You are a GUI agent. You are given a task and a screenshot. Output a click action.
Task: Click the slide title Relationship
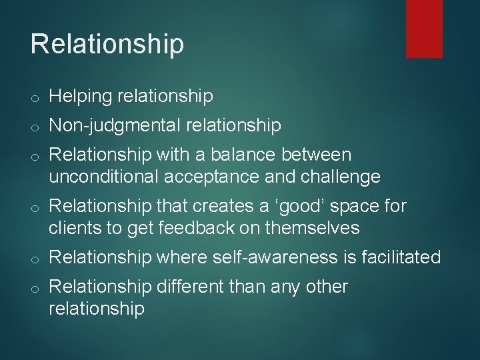pyautogui.click(x=107, y=44)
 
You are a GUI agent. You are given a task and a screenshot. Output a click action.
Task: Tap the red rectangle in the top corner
pyautogui.click(x=425, y=28)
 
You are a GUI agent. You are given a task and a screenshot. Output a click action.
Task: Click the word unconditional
pyautogui.click(x=105, y=177)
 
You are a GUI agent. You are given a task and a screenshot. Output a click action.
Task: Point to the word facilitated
pyautogui.click(x=402, y=257)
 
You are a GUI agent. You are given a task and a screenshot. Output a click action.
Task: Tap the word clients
pyautogui.click(x=73, y=228)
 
